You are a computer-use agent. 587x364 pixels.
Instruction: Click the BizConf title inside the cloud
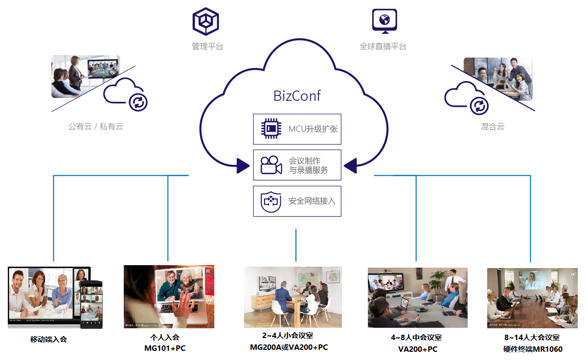pyautogui.click(x=297, y=95)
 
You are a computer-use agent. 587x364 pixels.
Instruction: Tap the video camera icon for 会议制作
pyautogui.click(x=271, y=165)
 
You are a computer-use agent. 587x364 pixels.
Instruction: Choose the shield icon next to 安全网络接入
pyautogui.click(x=271, y=201)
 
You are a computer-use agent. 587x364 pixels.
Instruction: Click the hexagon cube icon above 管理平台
pyautogui.click(x=206, y=21)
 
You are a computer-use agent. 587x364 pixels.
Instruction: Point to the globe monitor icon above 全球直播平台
pyautogui.click(x=384, y=21)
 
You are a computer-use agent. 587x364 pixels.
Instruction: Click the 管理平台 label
pyautogui.click(x=207, y=46)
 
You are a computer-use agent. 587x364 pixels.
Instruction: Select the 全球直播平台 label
pyautogui.click(x=383, y=46)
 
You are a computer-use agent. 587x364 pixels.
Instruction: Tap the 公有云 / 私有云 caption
pyautogui.click(x=96, y=127)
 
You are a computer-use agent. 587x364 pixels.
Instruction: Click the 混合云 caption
pyautogui.click(x=493, y=127)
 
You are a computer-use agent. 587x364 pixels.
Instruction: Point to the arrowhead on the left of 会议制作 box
pyautogui.click(x=243, y=166)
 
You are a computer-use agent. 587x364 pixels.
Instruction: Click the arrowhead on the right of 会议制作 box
pyautogui.click(x=350, y=166)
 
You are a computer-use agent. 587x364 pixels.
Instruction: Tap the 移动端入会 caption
pyautogui.click(x=48, y=339)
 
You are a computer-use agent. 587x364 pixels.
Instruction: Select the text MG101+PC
pyautogui.click(x=165, y=348)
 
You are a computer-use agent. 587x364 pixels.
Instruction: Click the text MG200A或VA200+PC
pyautogui.click(x=289, y=347)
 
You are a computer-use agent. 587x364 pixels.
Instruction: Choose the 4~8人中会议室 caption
pyautogui.click(x=416, y=338)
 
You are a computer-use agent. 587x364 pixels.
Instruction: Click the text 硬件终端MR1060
pyautogui.click(x=533, y=349)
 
